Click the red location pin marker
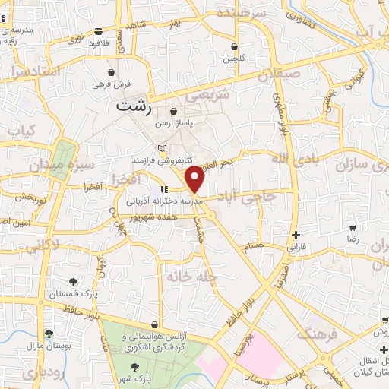pos(196,180)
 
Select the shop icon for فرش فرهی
pos(112,73)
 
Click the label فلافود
pos(100,43)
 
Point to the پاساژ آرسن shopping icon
pos(174,112)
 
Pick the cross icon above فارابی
pos(296,236)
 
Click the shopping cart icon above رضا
pos(352,227)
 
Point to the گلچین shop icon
pos(234,46)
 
